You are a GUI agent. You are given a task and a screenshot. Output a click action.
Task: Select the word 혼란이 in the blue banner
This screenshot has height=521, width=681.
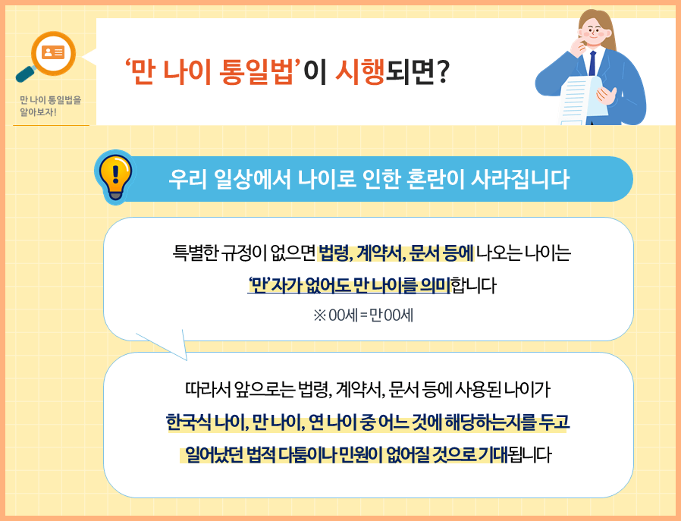424,180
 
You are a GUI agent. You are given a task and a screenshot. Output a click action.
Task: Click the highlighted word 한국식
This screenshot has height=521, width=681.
190,422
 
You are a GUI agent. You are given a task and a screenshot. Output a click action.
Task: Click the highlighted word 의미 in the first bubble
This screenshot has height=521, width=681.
433,285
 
